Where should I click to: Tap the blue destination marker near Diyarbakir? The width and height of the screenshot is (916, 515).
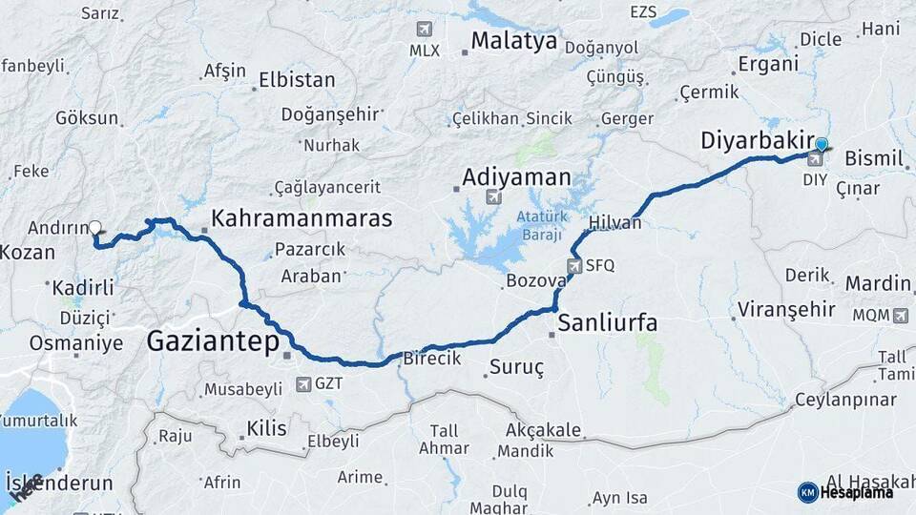[822, 146]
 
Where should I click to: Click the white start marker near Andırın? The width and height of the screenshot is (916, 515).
[95, 228]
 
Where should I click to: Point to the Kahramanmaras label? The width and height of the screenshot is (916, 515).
[302, 218]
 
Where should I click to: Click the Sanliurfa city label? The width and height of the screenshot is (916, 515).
[608, 322]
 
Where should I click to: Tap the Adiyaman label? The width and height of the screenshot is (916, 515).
[516, 177]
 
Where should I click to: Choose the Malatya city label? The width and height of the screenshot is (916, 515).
[513, 41]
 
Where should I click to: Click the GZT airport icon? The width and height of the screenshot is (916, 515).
[303, 384]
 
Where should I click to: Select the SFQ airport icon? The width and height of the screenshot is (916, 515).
[573, 266]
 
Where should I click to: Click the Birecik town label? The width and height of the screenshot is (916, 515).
[432, 359]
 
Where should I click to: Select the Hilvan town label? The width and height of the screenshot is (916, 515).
[615, 222]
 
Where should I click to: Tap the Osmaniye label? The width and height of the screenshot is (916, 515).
[76, 343]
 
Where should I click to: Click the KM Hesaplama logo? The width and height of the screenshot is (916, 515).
[845, 492]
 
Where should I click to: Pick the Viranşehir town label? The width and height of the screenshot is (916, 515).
[786, 310]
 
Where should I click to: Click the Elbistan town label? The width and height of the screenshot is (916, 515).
[297, 80]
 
